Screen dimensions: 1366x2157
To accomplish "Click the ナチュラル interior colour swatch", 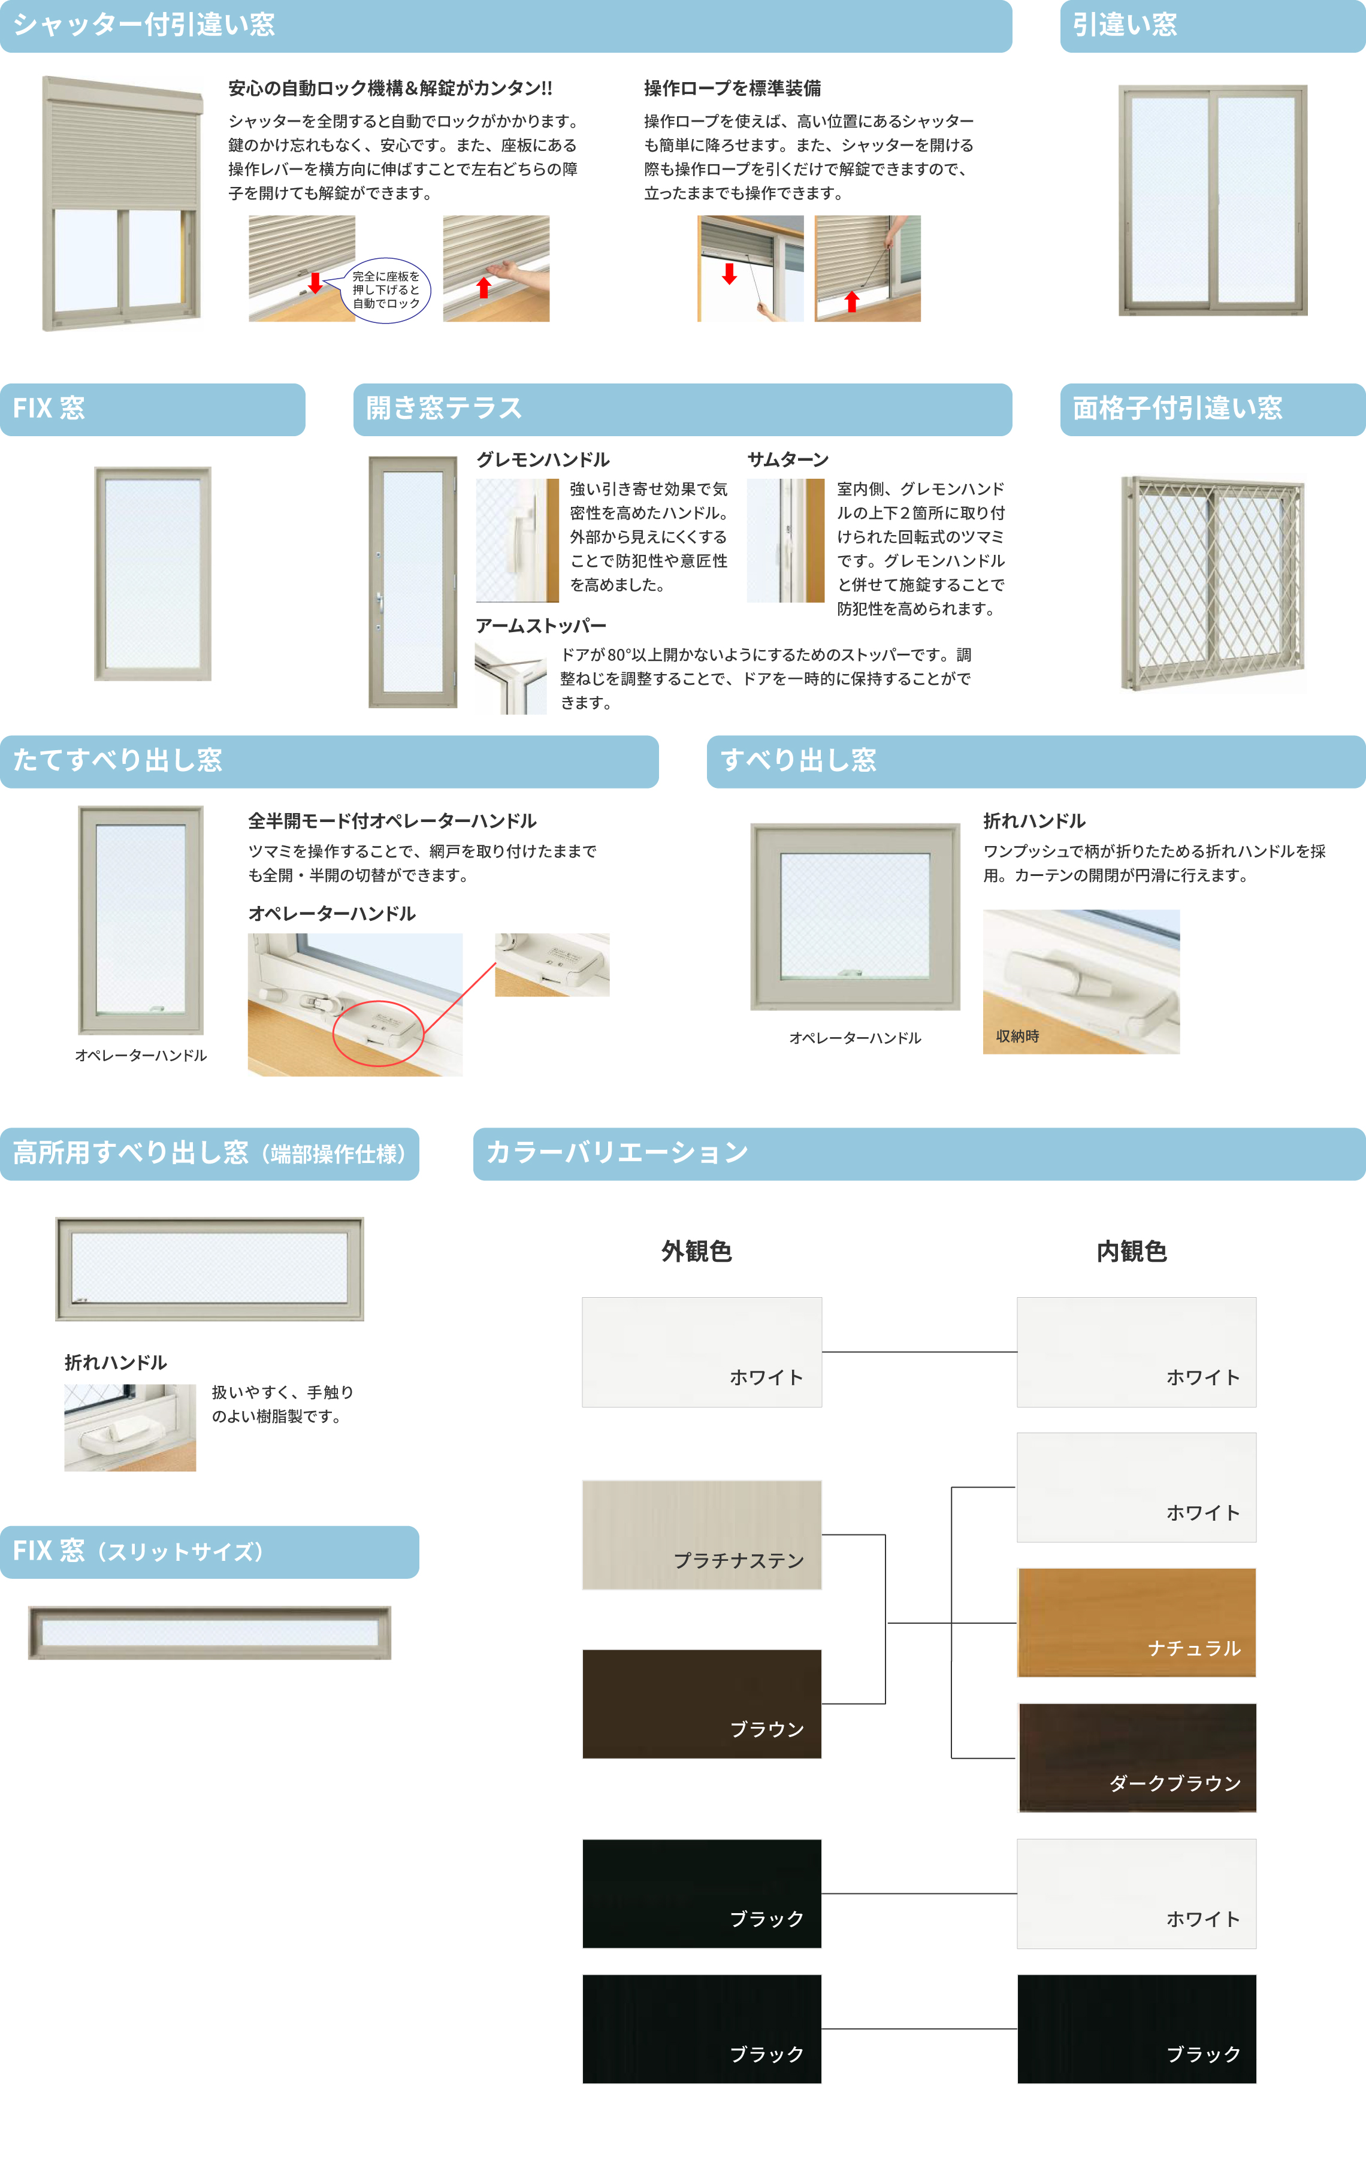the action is click(x=1137, y=1622).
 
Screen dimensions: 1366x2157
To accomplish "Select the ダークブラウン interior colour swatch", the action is click(x=1137, y=1757).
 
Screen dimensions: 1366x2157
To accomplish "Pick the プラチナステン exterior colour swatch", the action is click(x=702, y=1534).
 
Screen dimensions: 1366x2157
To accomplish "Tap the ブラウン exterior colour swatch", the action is click(x=702, y=1704).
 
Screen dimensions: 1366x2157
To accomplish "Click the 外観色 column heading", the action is click(x=697, y=1252).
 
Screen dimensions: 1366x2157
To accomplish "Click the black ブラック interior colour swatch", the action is click(x=1137, y=2029).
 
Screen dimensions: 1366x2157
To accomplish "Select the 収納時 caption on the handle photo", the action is click(x=1017, y=1037).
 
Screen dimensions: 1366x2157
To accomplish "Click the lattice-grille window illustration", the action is click(x=1213, y=583).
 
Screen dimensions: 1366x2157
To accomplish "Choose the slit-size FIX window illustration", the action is click(x=210, y=1632).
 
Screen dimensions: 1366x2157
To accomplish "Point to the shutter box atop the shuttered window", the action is click(x=123, y=90).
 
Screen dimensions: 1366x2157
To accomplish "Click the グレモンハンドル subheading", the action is click(x=543, y=460).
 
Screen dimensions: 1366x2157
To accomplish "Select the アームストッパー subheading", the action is click(x=541, y=626).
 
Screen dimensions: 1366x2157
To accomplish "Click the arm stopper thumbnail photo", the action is click(x=510, y=679).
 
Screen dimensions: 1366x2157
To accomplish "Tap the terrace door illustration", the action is click(x=413, y=582).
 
